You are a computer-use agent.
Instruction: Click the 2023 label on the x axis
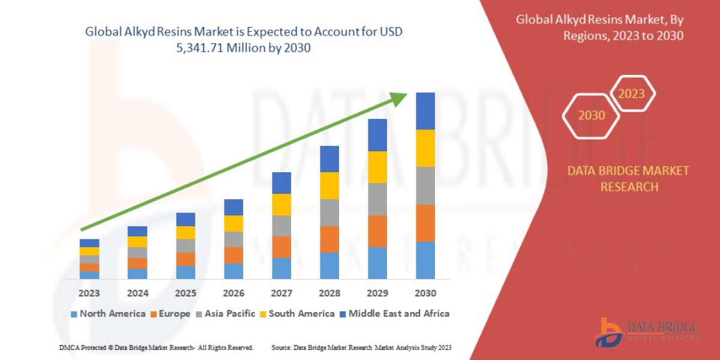89,293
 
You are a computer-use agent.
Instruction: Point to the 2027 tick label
281,293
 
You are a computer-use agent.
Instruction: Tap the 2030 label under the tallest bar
425,293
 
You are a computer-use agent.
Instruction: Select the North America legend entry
108,314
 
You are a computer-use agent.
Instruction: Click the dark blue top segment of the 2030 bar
425,111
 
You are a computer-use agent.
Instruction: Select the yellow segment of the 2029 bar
377,167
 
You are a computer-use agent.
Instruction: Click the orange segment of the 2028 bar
329,239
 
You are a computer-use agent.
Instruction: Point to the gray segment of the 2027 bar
281,226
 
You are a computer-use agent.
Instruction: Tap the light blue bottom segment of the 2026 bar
233,271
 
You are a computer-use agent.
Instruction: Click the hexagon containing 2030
591,115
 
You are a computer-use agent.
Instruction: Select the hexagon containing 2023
631,94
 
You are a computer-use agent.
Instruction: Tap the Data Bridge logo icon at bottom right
607,332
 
